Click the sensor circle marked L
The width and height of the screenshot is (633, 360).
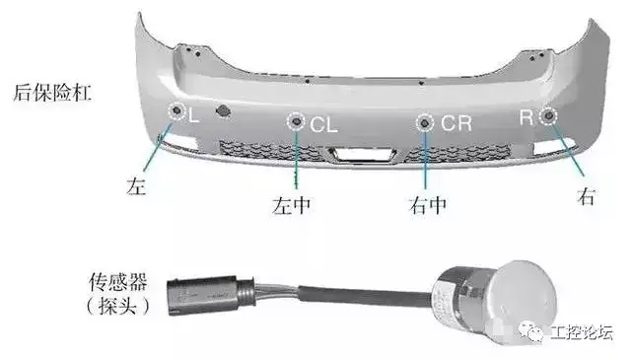tap(176, 110)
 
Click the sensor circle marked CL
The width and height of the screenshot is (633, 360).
tap(297, 121)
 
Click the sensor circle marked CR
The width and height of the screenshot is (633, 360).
tap(425, 122)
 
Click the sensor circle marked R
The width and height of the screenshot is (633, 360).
tap(548, 116)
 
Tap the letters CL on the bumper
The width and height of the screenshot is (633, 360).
tap(323, 124)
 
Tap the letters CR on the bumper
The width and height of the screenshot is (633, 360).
tap(457, 123)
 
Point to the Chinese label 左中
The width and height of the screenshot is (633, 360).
tap(291, 205)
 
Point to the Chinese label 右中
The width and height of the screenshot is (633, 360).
tap(427, 205)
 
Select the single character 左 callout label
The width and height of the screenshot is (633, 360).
tap(136, 185)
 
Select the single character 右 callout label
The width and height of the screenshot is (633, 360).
tap(587, 196)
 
